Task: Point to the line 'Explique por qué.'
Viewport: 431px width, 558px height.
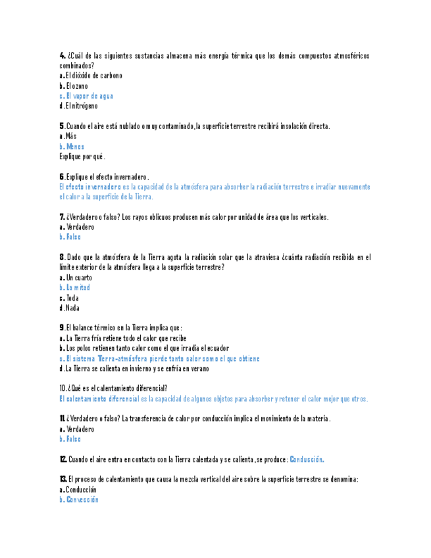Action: pyautogui.click(x=82, y=157)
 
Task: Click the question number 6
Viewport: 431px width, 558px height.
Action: pyautogui.click(x=62, y=177)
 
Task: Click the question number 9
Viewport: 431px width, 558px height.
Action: pyautogui.click(x=62, y=328)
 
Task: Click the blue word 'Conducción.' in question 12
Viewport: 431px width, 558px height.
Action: pyautogui.click(x=307, y=459)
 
